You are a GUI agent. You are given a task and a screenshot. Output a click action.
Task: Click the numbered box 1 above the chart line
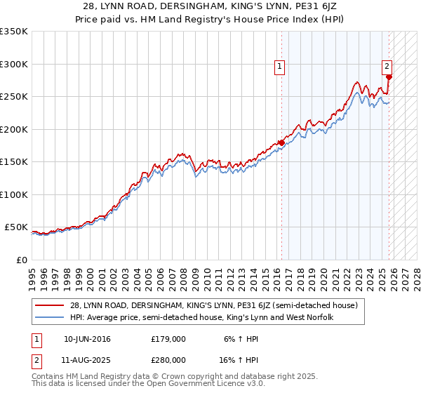(279, 67)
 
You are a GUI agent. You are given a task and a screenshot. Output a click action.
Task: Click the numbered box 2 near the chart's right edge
(387, 67)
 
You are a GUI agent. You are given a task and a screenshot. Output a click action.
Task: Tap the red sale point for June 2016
(282, 143)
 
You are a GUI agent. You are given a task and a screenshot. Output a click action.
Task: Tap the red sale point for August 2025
(389, 77)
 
